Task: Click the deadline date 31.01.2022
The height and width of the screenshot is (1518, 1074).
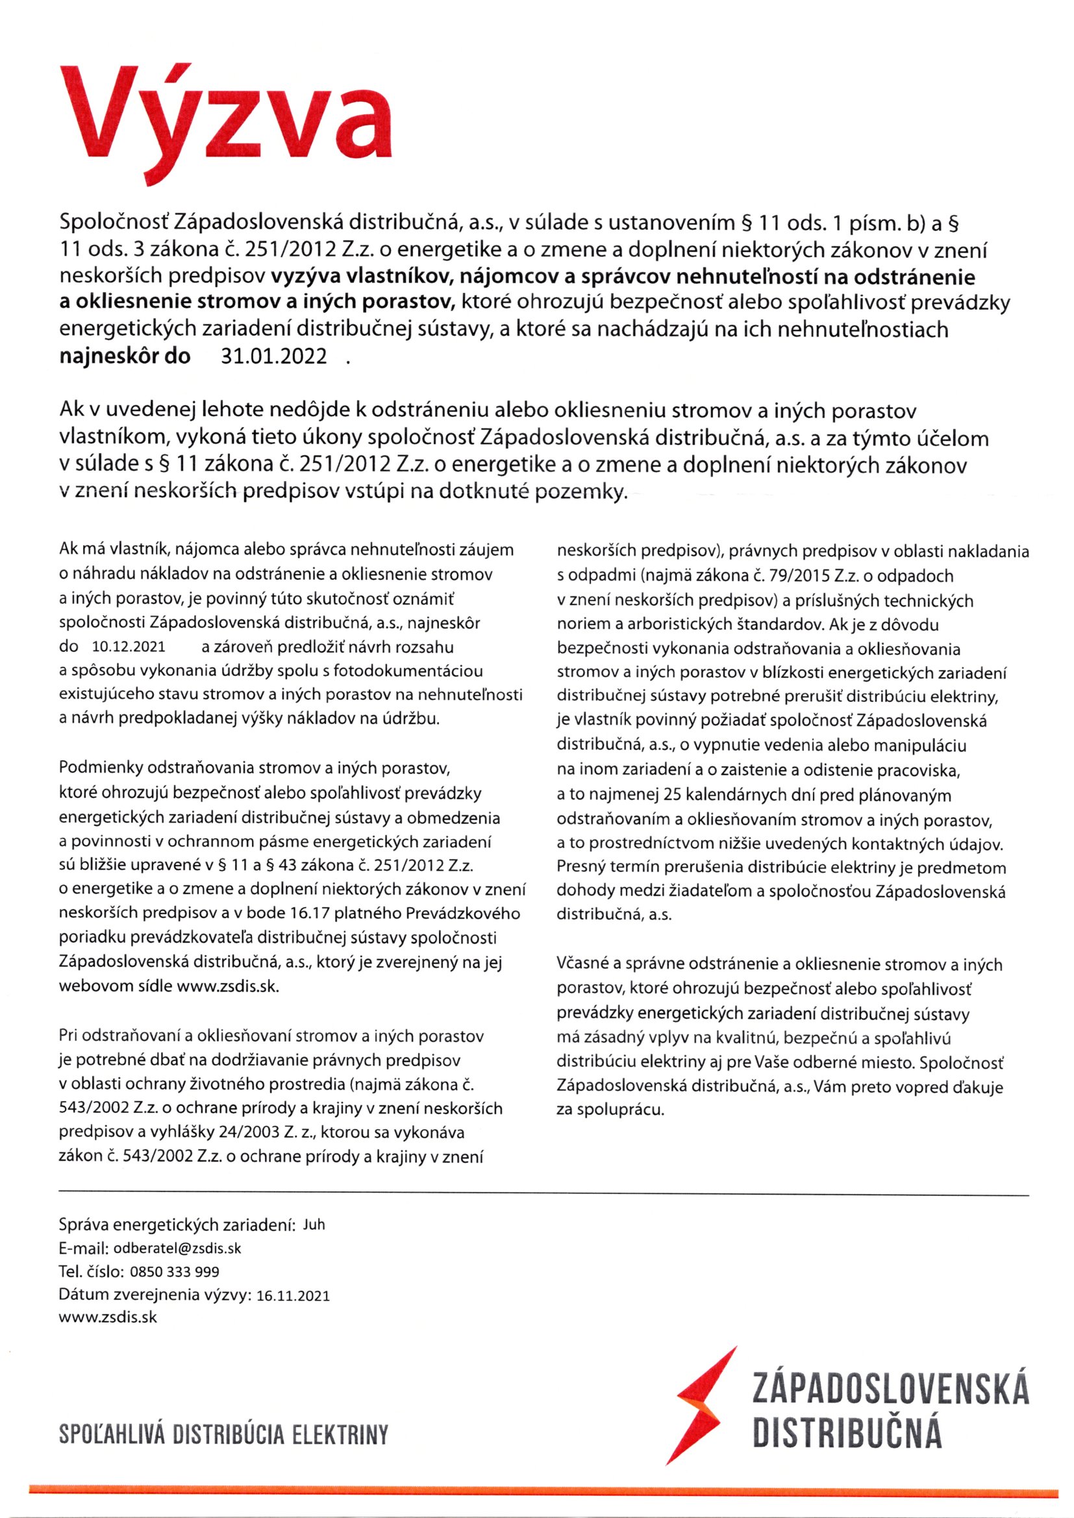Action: point(273,357)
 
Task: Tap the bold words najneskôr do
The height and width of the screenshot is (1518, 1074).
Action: point(125,357)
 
